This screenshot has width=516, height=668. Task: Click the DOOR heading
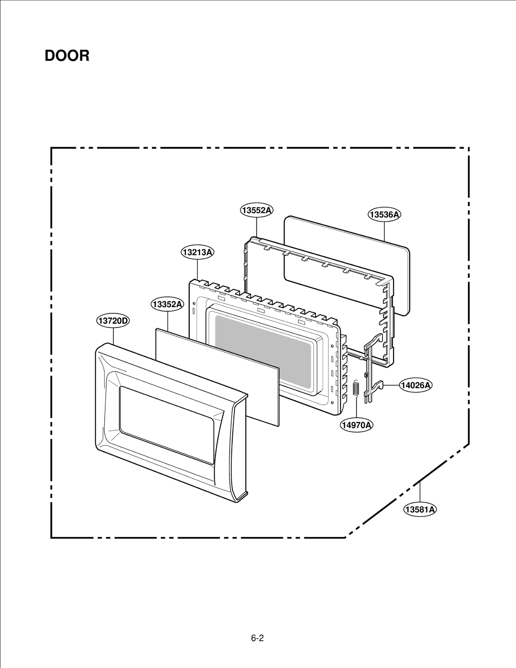(x=67, y=56)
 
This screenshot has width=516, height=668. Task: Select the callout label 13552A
(x=257, y=210)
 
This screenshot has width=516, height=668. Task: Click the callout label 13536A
(x=384, y=215)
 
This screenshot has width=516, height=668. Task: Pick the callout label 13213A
(x=197, y=252)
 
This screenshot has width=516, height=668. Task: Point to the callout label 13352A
(x=167, y=304)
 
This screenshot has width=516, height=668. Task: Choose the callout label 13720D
(x=113, y=321)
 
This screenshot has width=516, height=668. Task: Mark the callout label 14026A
(x=416, y=385)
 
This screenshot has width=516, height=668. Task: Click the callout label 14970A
(x=357, y=425)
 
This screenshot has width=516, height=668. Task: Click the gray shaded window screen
(x=263, y=351)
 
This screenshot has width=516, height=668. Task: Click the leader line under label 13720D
(x=113, y=335)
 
